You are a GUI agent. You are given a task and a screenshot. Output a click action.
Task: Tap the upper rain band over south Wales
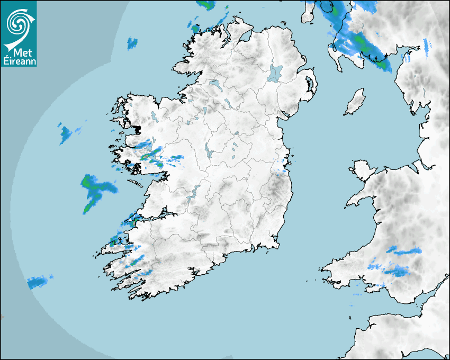tap(403, 250)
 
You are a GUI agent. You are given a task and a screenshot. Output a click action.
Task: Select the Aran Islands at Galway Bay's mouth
tap(137, 183)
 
